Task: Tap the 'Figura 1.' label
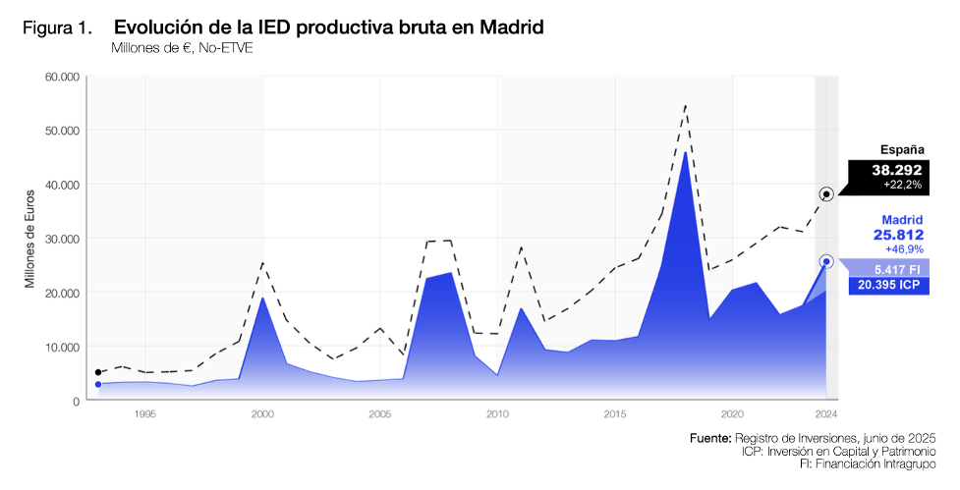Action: tap(57, 27)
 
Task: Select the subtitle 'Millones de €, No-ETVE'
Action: tap(182, 48)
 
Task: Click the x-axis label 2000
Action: tap(262, 414)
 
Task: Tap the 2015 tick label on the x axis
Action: tap(614, 414)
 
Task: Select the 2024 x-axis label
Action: tap(826, 414)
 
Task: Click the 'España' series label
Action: tap(901, 150)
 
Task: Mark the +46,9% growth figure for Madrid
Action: tap(903, 250)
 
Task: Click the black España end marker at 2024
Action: tap(826, 194)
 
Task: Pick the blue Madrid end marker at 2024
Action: tap(826, 261)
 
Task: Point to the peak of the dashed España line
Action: tap(685, 104)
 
